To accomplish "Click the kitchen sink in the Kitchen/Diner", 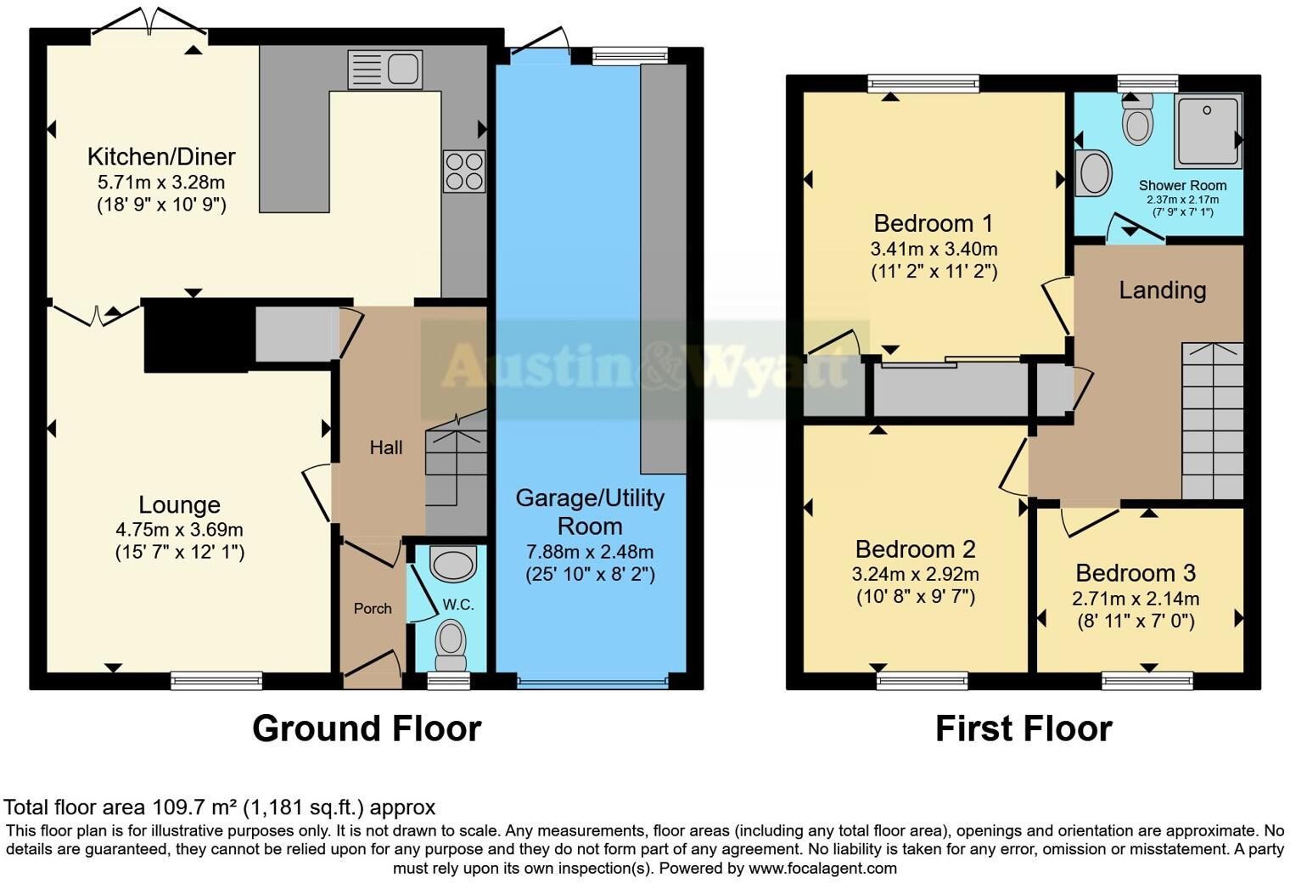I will point(384,70).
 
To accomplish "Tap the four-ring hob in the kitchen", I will point(464,172).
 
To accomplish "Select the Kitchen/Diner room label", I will point(161,157).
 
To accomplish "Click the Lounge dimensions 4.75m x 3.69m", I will point(179,529).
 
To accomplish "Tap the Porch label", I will point(373,609).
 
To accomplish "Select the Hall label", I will point(385,447).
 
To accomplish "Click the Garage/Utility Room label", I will point(590,512).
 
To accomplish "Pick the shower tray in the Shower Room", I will point(1208,131).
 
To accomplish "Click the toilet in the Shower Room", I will point(1137,120).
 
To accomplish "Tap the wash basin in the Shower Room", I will point(1093,174).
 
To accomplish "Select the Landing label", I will point(1162,290).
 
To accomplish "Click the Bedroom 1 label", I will point(933,223).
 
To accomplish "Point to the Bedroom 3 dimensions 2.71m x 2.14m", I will point(1136,599).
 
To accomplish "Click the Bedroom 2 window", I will point(922,680).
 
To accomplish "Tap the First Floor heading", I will point(1023,729).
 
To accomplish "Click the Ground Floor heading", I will point(367,729).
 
